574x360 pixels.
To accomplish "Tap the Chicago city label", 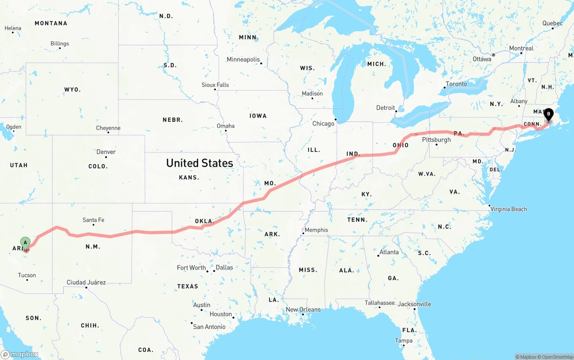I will point(323,124).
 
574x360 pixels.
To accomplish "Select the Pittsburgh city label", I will point(436,140).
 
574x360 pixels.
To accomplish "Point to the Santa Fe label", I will point(93,220).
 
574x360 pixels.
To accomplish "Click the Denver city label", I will point(106,152).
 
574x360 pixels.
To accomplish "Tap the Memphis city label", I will point(316,230).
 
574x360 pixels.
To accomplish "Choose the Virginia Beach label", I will point(509,209).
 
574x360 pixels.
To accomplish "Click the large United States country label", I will point(200,163).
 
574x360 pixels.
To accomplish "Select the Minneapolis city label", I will point(243,60).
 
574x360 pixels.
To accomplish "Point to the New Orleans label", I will point(303,309).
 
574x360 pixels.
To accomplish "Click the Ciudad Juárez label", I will point(86,282).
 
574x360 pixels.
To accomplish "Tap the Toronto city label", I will point(456,84).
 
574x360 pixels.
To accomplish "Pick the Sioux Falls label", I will point(215,85).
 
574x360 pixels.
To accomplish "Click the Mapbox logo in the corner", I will point(20,354).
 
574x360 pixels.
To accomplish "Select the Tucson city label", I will point(27,275).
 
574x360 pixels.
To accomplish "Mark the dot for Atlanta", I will point(378,256).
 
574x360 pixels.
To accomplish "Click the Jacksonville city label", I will point(414,304).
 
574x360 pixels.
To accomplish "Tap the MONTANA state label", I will point(51,23).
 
